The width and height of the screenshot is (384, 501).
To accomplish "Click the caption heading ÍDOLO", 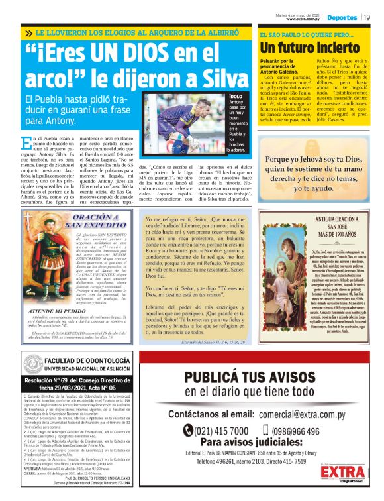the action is click(x=235, y=96).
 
